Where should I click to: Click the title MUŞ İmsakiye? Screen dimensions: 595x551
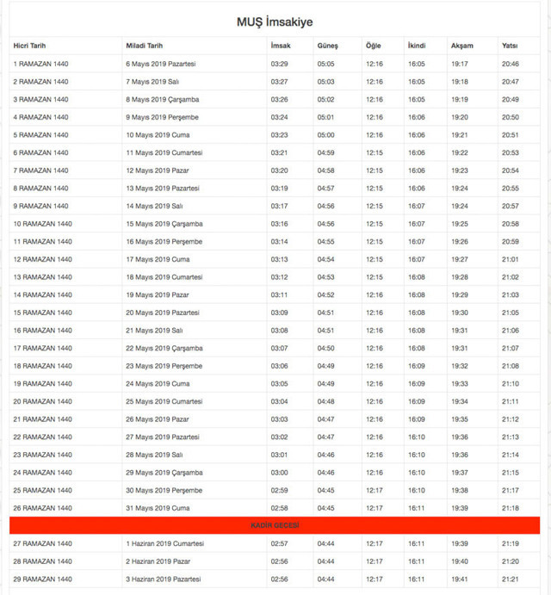click(275, 21)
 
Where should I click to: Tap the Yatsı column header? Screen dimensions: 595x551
click(510, 45)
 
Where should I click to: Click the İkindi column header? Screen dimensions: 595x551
click(416, 45)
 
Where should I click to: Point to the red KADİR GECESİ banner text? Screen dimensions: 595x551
click(275, 525)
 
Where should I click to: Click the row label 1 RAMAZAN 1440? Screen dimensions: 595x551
click(40, 64)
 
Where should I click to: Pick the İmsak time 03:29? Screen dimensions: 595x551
click(279, 64)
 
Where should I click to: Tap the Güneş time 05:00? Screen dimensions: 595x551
click(325, 135)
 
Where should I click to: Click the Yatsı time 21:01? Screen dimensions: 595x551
click(510, 259)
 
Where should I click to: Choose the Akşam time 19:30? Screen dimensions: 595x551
click(460, 313)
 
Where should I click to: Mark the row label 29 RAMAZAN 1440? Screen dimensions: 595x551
click(42, 579)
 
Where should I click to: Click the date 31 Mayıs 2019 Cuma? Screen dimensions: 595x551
click(158, 508)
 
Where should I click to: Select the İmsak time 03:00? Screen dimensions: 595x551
click(279, 473)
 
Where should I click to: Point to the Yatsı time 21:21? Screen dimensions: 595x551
click(510, 579)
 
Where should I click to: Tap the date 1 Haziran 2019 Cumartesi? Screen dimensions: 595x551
click(164, 543)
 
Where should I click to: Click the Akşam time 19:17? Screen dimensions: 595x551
click(460, 64)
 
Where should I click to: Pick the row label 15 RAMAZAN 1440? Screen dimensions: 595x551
click(42, 313)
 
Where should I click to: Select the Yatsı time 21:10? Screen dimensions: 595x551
click(510, 383)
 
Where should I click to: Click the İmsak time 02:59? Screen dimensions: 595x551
click(279, 490)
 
